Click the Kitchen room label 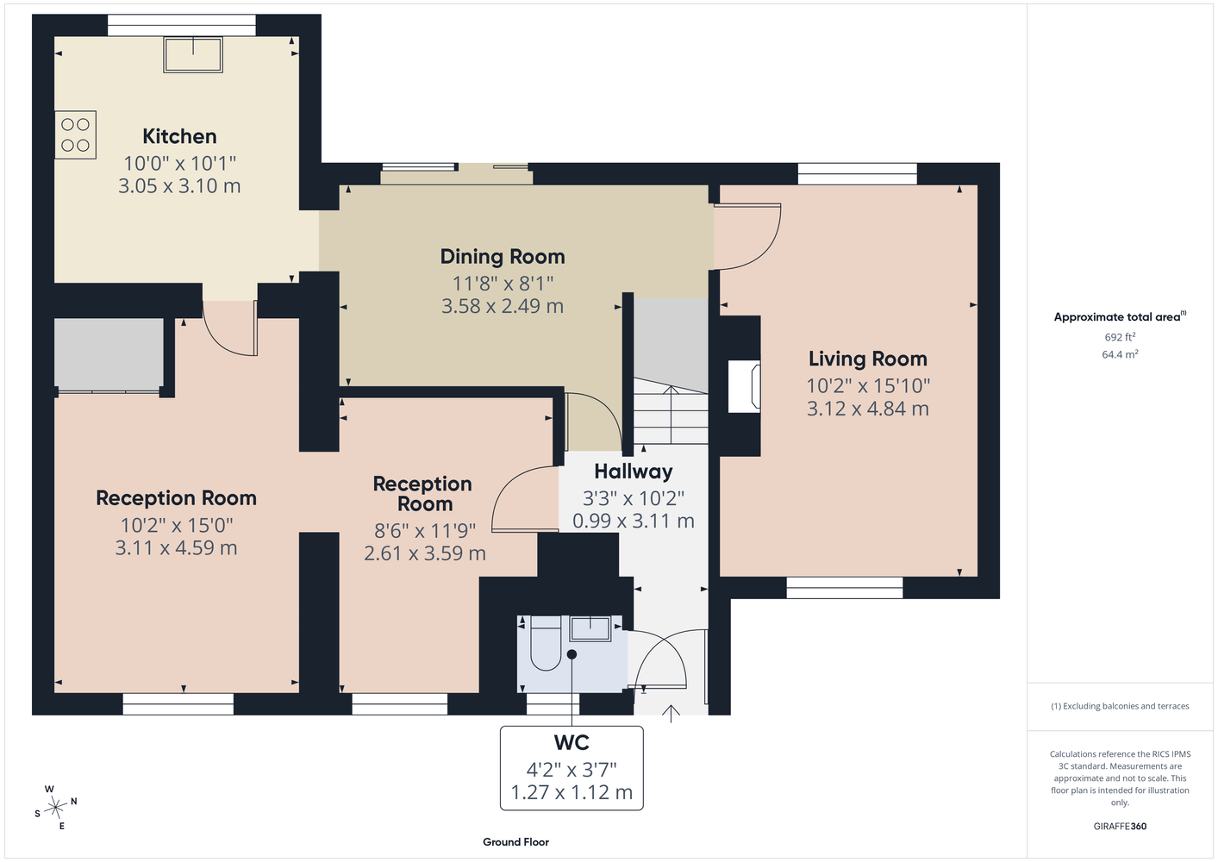(179, 136)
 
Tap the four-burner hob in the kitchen (76, 134)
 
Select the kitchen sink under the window (193, 54)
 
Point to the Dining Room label (503, 257)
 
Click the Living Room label (868, 359)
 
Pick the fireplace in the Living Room (745, 386)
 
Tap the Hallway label (634, 472)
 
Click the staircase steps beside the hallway (671, 411)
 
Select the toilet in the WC (546, 643)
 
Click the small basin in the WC (590, 628)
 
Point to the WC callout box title (572, 742)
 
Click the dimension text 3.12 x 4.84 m (868, 409)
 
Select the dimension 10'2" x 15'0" (177, 525)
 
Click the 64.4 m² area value (1120, 354)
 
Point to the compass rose (56, 808)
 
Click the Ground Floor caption (516, 842)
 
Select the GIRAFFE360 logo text (1120, 826)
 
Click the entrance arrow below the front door (671, 714)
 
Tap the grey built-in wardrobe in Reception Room (109, 354)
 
